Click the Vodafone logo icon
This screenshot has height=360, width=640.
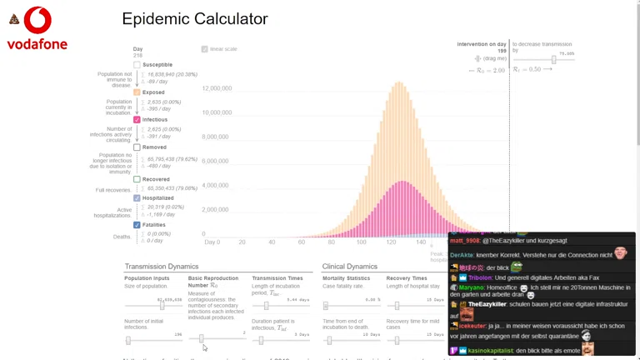(37, 20)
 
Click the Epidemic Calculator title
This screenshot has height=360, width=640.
(195, 18)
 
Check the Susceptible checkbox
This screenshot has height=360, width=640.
(137, 65)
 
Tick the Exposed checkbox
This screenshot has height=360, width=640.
(137, 92)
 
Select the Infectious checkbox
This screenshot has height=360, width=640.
(137, 120)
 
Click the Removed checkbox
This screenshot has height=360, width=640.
(137, 147)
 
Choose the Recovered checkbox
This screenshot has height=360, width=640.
(137, 179)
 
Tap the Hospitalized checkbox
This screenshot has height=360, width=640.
(137, 198)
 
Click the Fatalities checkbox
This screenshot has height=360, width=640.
(137, 225)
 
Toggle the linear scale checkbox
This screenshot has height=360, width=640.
(205, 49)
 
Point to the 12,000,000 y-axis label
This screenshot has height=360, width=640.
(217, 87)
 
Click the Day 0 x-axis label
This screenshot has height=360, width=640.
(212, 242)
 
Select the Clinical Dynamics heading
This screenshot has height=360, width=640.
(350, 267)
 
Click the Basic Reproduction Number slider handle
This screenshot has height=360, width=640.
(202, 340)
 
